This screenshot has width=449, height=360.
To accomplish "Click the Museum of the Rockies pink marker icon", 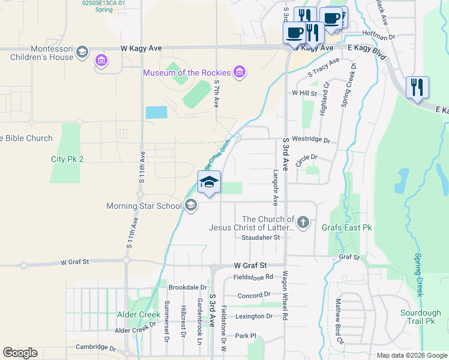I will (240, 73).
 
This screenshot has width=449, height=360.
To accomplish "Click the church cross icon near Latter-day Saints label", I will (304, 223).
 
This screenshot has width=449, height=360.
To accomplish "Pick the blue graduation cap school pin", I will (209, 183).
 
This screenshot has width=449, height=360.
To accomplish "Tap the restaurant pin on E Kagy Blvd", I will (417, 87).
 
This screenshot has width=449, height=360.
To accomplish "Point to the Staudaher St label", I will (261, 238).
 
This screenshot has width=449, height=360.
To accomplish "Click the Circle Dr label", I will (306, 157).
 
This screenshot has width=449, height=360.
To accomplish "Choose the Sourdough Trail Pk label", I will (421, 317).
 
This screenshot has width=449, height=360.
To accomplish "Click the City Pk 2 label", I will (67, 159).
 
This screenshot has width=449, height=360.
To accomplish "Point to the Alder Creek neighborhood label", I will (139, 314).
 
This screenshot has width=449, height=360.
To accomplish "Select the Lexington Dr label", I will (254, 316).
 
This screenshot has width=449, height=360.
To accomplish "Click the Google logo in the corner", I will (20, 353).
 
